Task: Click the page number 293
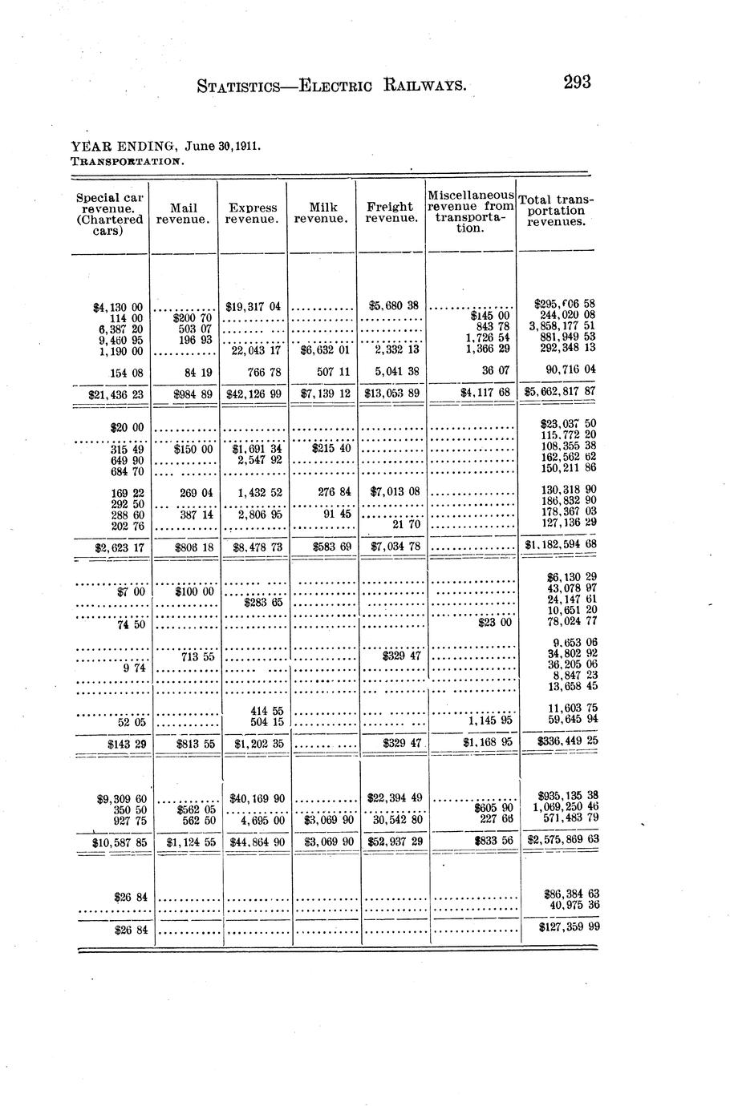(x=577, y=83)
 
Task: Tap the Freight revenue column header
(x=391, y=212)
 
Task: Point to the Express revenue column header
(x=253, y=212)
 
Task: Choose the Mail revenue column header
(x=184, y=212)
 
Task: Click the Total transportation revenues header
(x=557, y=210)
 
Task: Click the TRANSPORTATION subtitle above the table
(x=128, y=160)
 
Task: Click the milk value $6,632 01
(x=324, y=350)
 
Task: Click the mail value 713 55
(x=197, y=656)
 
